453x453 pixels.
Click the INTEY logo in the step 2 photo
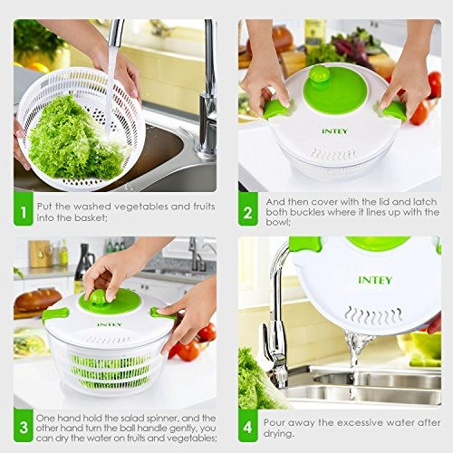pyautogui.click(x=335, y=131)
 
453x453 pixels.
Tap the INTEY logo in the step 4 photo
pyautogui.click(x=375, y=280)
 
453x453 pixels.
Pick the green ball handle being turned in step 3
pyautogui.click(x=99, y=296)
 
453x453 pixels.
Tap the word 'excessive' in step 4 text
pyautogui.click(x=361, y=423)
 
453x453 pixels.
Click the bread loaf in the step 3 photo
pyautogui.click(x=38, y=300)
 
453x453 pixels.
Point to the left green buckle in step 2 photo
pyautogui.click(x=275, y=108)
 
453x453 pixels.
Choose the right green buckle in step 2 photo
pyautogui.click(x=394, y=111)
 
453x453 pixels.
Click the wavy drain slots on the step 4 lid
pyautogui.click(x=373, y=315)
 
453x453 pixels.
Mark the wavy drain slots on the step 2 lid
pyautogui.click(x=333, y=154)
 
